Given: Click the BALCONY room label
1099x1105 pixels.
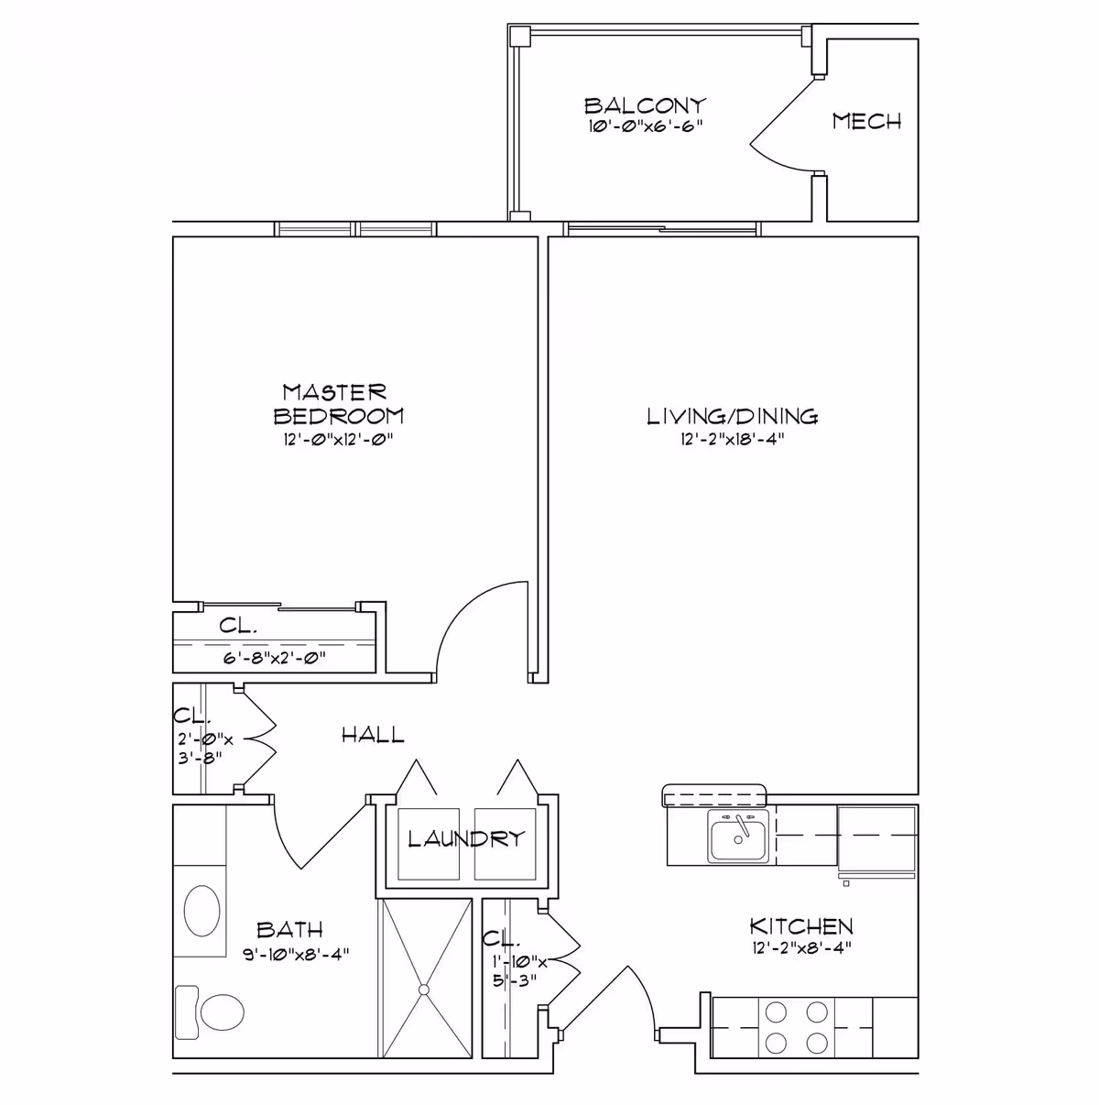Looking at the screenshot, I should [645, 104].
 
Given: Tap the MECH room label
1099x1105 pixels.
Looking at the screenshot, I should [866, 121].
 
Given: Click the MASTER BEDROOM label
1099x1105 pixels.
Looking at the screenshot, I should [338, 404].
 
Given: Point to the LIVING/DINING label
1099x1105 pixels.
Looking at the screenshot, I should [733, 417].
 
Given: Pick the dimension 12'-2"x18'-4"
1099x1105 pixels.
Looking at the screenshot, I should [733, 439].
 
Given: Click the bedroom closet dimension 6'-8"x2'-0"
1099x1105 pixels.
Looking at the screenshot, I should [275, 657].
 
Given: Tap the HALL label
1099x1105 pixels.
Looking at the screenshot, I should [373, 734].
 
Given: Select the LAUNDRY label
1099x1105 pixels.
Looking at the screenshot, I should [466, 837].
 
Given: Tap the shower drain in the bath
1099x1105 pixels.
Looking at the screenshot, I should [425, 990].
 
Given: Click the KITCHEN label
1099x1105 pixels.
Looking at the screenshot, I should [801, 926].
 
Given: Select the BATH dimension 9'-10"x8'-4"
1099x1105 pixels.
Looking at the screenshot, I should [289, 953].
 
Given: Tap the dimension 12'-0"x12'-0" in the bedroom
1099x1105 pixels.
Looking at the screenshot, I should [338, 439].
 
